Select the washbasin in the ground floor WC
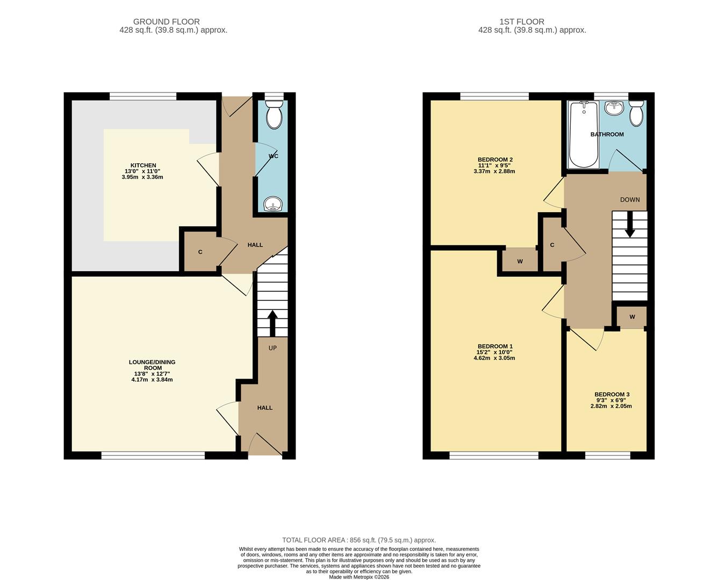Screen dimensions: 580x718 tap(274, 204)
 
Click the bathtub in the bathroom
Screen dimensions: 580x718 tap(583, 134)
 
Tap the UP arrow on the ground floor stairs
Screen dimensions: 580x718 tap(272, 323)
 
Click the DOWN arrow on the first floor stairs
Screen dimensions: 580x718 tap(630, 225)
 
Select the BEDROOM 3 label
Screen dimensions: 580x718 tap(612, 395)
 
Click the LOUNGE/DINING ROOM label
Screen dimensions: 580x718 tap(152, 365)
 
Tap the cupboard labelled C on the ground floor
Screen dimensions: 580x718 tap(200, 252)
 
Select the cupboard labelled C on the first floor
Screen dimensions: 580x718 tap(552, 245)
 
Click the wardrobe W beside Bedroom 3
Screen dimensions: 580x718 tap(632, 317)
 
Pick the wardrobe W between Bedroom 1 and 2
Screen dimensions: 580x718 tap(520, 262)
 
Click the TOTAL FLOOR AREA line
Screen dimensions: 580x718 tap(359, 540)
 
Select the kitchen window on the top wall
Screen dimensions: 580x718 tap(143, 97)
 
